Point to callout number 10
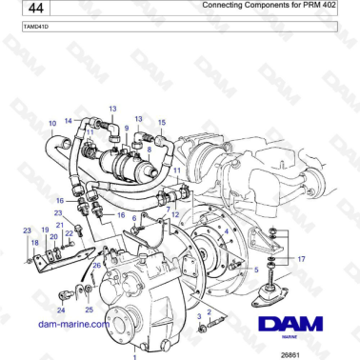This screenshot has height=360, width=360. pyautogui.click(x=52, y=124)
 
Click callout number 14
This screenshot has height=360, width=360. pyautogui.click(x=69, y=121)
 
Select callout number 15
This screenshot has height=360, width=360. pyautogui.click(x=162, y=123)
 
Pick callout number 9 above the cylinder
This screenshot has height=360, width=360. pyautogui.click(x=126, y=128)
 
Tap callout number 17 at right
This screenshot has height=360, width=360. pyautogui.click(x=301, y=259)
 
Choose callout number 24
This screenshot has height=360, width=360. pyautogui.click(x=61, y=310)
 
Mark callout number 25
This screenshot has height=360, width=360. pyautogui.click(x=89, y=310)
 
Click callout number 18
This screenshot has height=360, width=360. pyautogui.click(x=34, y=244)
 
